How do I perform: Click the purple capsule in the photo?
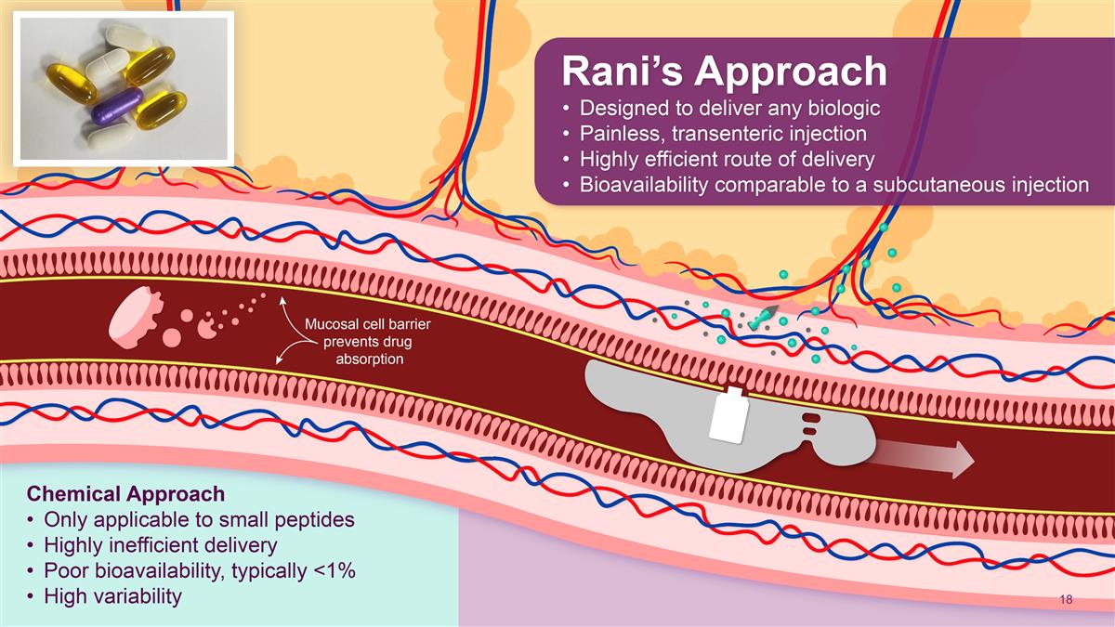click(x=117, y=106)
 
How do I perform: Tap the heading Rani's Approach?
click(x=724, y=72)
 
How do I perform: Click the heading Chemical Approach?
click(x=126, y=493)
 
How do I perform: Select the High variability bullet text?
click(x=113, y=595)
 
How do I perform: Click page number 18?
click(x=1067, y=599)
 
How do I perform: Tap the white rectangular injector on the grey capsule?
click(x=729, y=415)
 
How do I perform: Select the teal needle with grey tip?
click(x=763, y=317)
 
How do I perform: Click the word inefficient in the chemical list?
click(x=159, y=545)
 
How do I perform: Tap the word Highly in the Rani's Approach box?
click(x=609, y=160)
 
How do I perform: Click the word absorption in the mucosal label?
click(x=370, y=359)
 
